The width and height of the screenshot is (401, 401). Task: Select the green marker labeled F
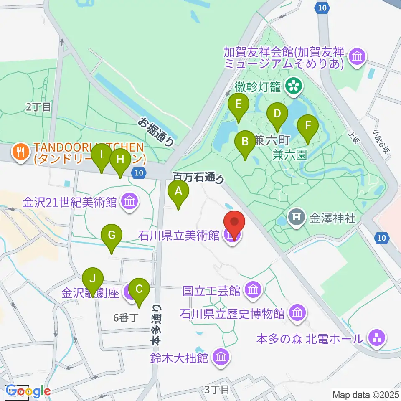coord(308,126)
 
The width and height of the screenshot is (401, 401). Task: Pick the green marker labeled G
coord(112,236)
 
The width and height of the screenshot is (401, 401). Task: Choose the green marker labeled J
coord(93,279)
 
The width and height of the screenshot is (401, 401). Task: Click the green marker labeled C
coord(139,289)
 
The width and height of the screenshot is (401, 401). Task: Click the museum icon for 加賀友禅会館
coord(357,57)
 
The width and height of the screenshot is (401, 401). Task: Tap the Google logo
coord(28,391)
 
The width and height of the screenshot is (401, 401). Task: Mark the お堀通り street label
coord(156,132)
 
